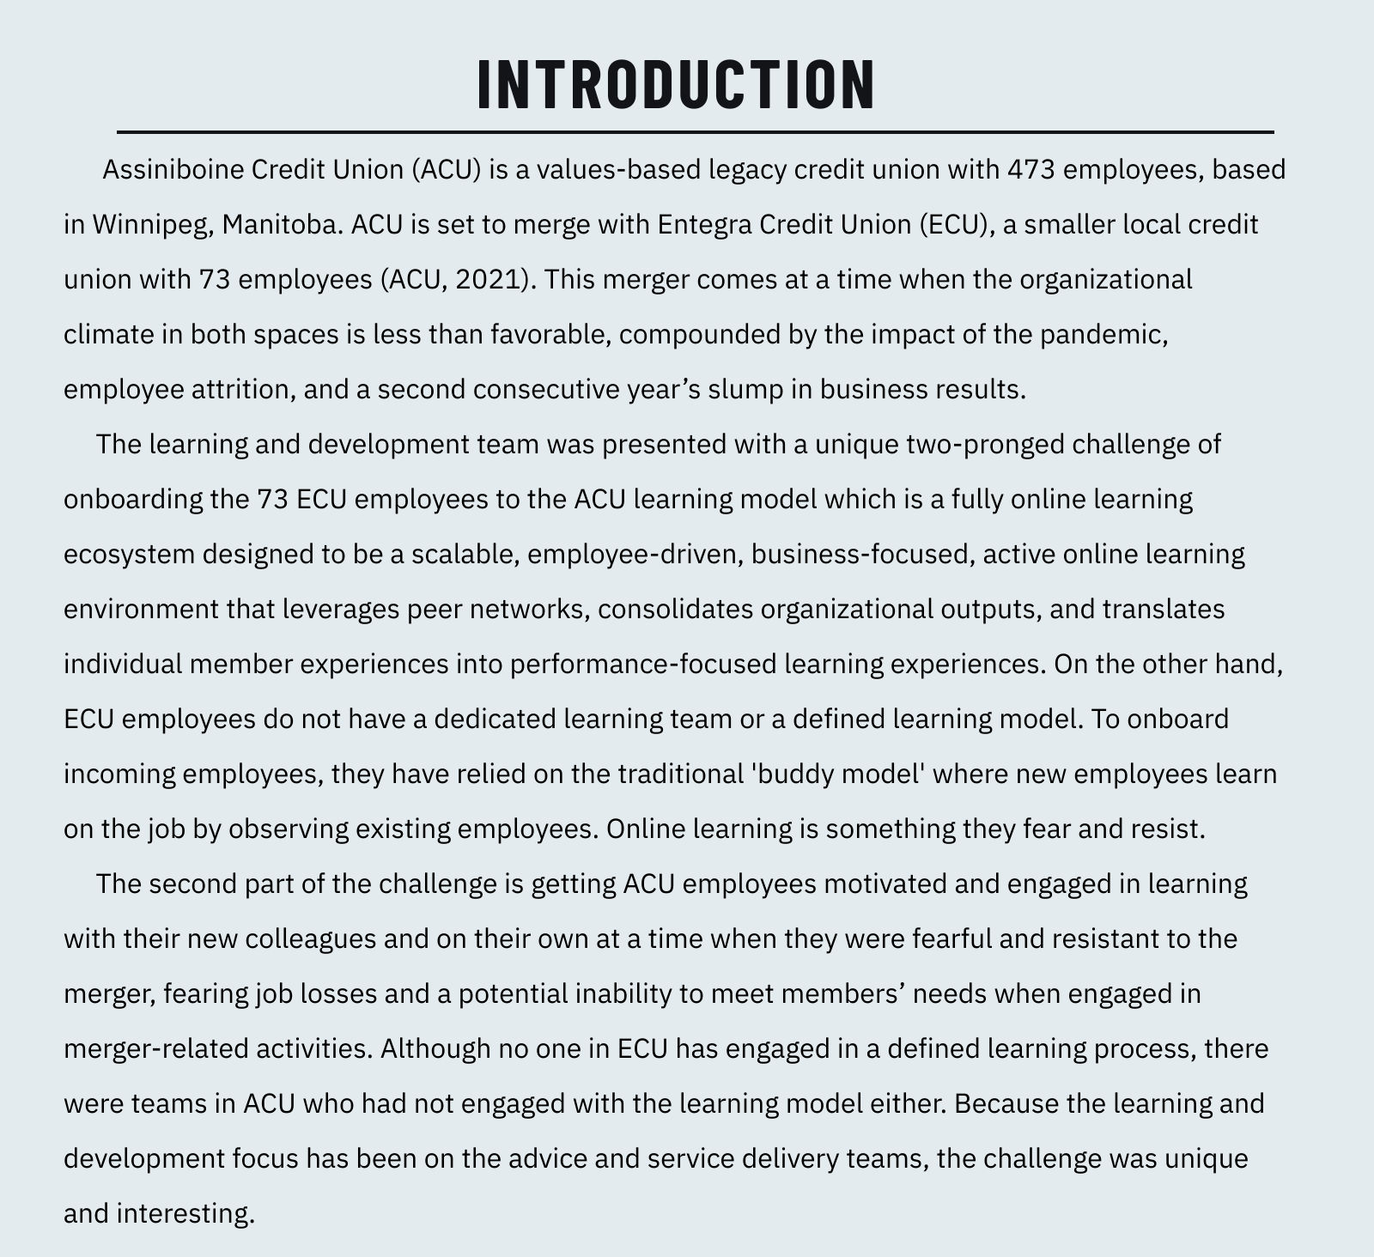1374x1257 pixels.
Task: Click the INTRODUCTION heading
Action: (677, 84)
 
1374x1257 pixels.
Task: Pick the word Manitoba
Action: (283, 224)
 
